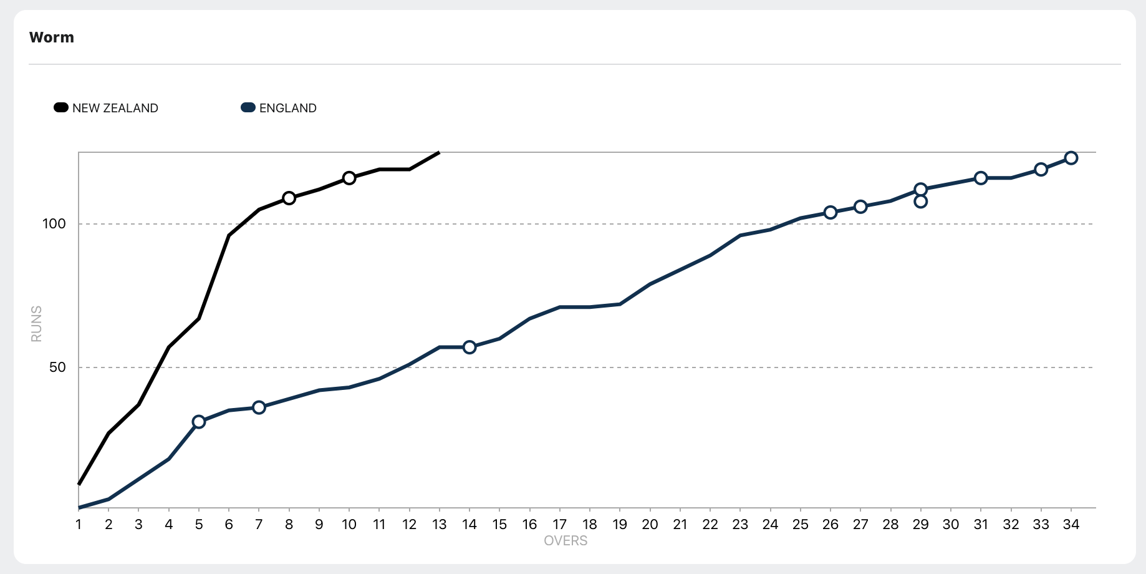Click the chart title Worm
[x=51, y=37]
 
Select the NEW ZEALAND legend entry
[x=106, y=108]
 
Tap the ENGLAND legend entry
[x=279, y=108]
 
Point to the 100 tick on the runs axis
[x=54, y=224]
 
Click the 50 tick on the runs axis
[x=57, y=367]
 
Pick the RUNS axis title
[x=36, y=324]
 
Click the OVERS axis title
[x=566, y=541]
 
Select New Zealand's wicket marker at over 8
[x=289, y=198]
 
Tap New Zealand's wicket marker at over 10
[x=349, y=178]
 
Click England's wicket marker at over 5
[x=199, y=422]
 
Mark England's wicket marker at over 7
[x=259, y=407]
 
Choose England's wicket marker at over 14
[x=469, y=348]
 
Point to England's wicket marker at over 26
[x=831, y=213]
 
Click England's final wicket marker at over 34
[x=1071, y=158]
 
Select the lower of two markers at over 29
[x=920, y=202]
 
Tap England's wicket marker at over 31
[x=981, y=178]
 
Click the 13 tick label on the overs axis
[x=440, y=525]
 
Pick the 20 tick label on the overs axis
[x=650, y=525]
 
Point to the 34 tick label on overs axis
[x=1071, y=525]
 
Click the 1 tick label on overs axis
[x=79, y=525]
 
